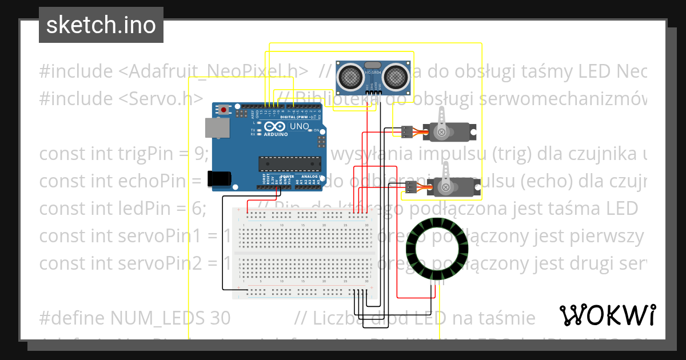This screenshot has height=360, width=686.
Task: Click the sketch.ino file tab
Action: pos(101,25)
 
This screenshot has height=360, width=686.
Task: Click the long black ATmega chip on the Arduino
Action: pos(289,163)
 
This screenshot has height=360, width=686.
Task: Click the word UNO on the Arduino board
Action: pos(300,126)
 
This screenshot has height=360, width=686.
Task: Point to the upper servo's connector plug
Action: pos(406,132)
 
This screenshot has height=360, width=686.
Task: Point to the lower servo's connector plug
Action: pos(410,186)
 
